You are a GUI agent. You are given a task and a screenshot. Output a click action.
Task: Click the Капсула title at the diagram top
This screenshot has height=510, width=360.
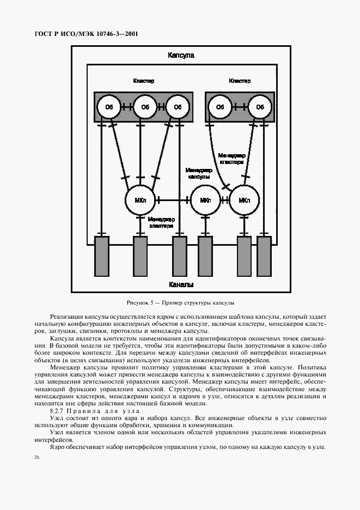[x=181, y=56]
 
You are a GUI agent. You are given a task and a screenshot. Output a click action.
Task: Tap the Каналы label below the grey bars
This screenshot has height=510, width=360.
[x=181, y=284]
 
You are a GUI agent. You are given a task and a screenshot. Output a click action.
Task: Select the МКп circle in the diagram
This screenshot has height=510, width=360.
[x=205, y=200]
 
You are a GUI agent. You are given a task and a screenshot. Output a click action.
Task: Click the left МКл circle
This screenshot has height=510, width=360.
[x=140, y=200]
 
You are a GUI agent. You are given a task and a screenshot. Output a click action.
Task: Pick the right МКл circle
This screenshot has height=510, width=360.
[x=244, y=200]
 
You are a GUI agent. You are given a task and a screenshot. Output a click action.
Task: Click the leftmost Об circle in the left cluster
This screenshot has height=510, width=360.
[x=109, y=107]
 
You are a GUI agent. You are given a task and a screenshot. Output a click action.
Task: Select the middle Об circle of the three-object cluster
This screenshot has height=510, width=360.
[x=144, y=107]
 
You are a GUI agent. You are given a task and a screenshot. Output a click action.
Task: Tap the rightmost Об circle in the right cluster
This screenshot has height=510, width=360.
[x=260, y=107]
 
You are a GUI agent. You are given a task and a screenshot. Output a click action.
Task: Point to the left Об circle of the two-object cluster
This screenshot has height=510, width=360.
[x=220, y=107]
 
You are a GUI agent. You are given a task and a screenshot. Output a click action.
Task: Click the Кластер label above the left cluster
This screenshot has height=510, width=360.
[x=144, y=81]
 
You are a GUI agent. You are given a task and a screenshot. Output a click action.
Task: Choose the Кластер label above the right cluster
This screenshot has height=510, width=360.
[x=240, y=81]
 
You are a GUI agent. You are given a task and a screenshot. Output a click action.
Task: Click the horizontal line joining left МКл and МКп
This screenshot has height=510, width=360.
[x=173, y=200]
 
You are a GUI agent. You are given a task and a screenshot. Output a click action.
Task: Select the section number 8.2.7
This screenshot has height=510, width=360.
[x=57, y=410]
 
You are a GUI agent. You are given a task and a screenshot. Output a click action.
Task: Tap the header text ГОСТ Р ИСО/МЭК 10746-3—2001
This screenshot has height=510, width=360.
[x=79, y=34]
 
